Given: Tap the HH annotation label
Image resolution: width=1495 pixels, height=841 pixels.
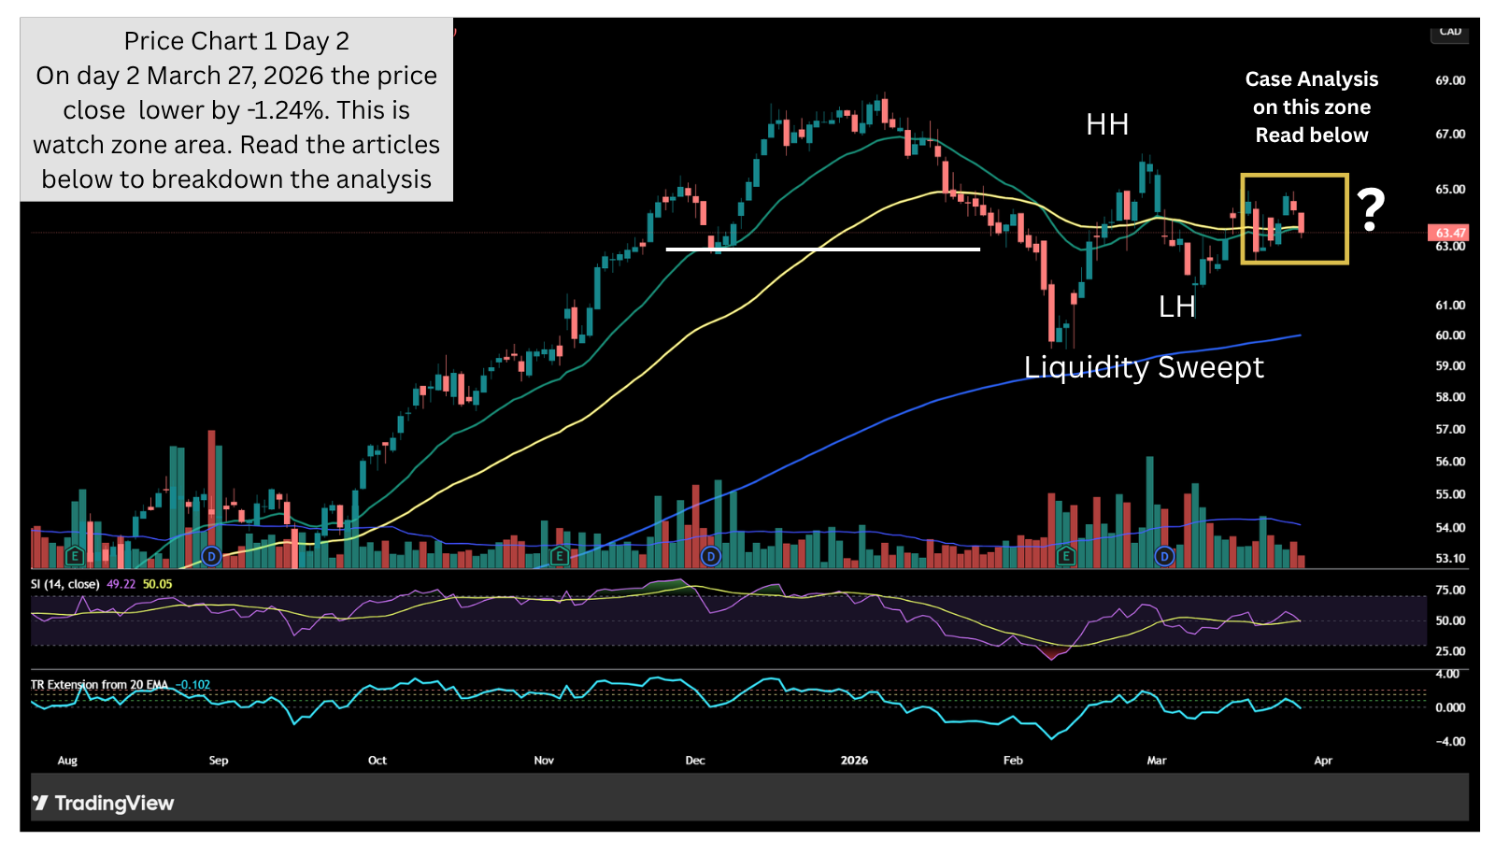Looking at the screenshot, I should pyautogui.click(x=1107, y=124).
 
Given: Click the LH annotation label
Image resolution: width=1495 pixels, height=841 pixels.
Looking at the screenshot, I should pyautogui.click(x=1176, y=306).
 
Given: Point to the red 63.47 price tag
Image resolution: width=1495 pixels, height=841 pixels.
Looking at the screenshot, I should pyautogui.click(x=1449, y=233).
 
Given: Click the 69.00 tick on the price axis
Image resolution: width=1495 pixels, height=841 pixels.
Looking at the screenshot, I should pyautogui.click(x=1450, y=80).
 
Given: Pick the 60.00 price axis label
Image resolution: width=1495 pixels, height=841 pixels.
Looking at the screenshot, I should pyautogui.click(x=1450, y=335).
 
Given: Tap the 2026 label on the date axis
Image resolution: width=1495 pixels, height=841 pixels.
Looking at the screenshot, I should pyautogui.click(x=854, y=761).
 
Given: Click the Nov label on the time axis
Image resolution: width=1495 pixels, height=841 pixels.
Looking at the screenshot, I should pyautogui.click(x=544, y=761).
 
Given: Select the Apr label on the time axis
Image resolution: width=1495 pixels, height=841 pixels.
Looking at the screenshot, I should pyautogui.click(x=1323, y=761).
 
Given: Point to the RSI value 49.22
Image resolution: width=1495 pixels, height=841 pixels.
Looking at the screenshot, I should pyautogui.click(x=121, y=584).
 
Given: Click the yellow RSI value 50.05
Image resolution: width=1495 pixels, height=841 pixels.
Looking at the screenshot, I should pyautogui.click(x=157, y=584).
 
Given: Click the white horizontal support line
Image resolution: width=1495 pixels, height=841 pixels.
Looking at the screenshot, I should pyautogui.click(x=822, y=249).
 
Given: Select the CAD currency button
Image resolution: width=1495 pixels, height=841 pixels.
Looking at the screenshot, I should pyautogui.click(x=1449, y=33).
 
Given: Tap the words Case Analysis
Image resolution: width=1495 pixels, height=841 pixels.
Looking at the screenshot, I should pyautogui.click(x=1311, y=79).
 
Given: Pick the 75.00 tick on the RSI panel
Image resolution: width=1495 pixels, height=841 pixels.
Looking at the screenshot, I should pyautogui.click(x=1450, y=591).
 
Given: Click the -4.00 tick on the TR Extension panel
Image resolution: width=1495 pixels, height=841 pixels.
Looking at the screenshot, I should pyautogui.click(x=1450, y=742).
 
